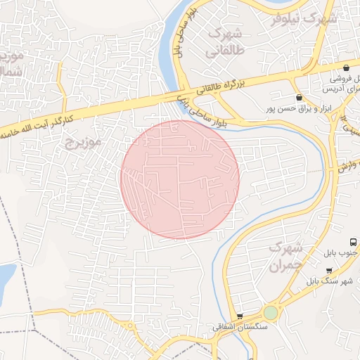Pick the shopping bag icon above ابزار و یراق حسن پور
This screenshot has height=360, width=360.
(x=300, y=97)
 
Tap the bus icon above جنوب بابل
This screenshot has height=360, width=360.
(x=354, y=241)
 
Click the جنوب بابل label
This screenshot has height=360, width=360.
(x=342, y=252)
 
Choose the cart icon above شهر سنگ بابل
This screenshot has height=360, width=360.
(x=329, y=270)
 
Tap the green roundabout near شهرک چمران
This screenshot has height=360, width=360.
(x=271, y=311)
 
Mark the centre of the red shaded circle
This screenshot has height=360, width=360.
(x=180, y=179)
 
